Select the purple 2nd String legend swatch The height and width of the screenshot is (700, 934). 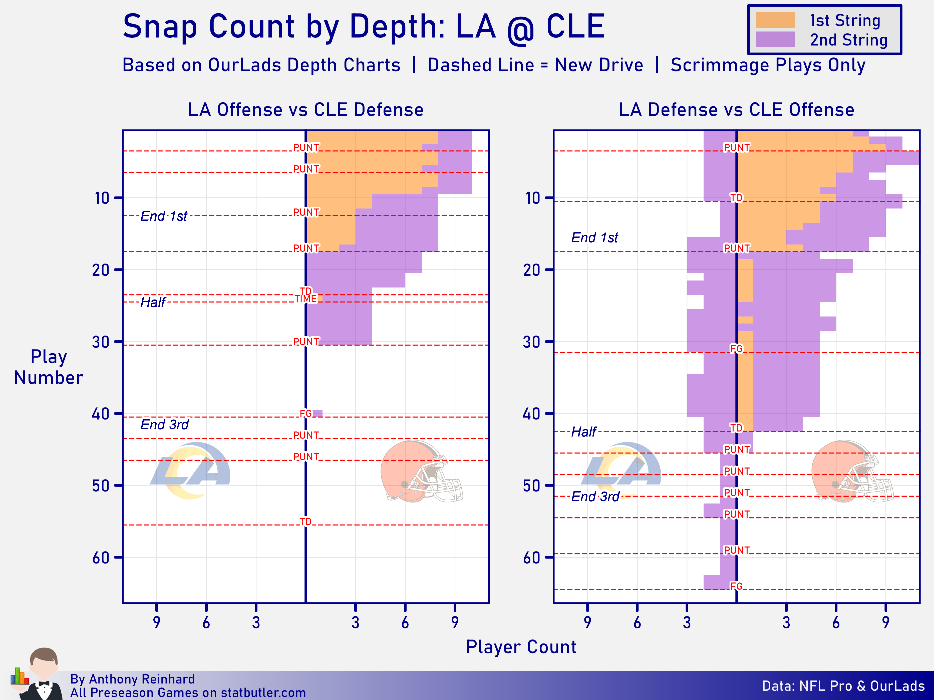click(x=775, y=40)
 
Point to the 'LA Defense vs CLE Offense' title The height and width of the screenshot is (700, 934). click(x=736, y=110)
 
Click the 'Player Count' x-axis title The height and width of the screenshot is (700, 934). click(x=521, y=647)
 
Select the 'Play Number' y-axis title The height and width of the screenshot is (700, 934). click(x=49, y=367)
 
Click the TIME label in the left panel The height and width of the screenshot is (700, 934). click(x=306, y=299)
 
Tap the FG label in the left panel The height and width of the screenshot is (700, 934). click(x=306, y=413)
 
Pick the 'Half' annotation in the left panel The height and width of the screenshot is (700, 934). click(x=153, y=302)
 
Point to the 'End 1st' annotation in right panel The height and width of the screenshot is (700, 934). click(x=594, y=237)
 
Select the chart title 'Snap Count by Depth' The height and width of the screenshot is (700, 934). click(x=363, y=26)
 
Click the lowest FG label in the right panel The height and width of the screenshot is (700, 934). click(x=736, y=586)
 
